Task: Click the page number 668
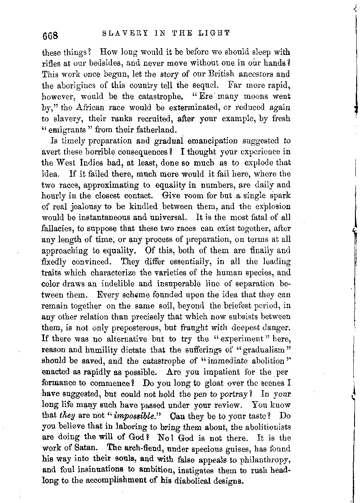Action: click(52, 35)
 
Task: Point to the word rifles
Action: click(52, 64)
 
